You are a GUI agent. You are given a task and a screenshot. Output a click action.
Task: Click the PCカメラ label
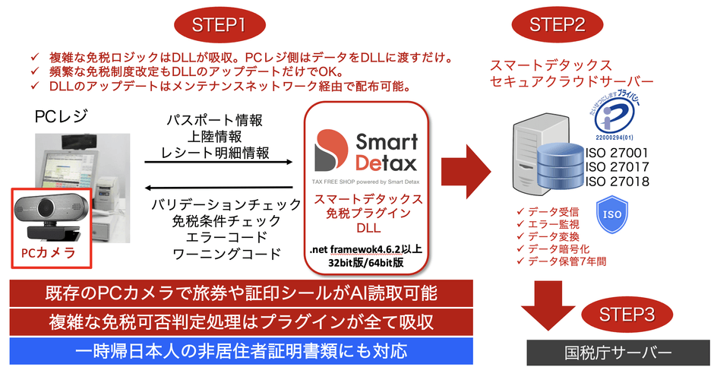pos(49,252)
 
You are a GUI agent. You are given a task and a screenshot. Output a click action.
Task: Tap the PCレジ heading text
pos(60,117)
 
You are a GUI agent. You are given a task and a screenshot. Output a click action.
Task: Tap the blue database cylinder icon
pos(558,167)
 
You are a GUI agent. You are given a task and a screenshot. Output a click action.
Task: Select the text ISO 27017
pos(616,166)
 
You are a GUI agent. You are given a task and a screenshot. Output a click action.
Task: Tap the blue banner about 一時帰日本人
pos(242,351)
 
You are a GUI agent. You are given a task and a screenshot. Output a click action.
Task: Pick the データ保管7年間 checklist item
pos(565,261)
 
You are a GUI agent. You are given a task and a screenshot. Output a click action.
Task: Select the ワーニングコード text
pos(216,253)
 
